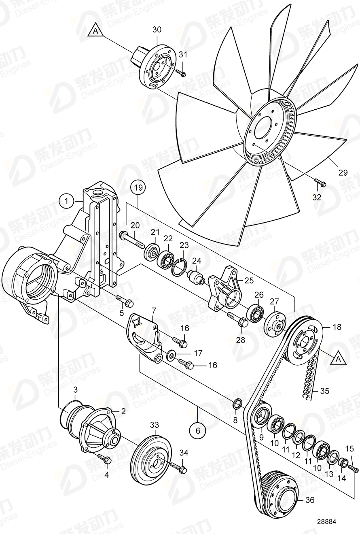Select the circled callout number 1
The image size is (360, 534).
pyautogui.click(x=66, y=200)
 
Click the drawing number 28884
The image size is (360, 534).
pyautogui.click(x=326, y=522)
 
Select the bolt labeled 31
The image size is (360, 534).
pyautogui.click(x=180, y=73)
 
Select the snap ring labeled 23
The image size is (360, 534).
pyautogui.click(x=180, y=268)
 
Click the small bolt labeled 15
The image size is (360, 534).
pyautogui.click(x=353, y=469)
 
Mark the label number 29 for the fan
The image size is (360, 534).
pyautogui.click(x=343, y=172)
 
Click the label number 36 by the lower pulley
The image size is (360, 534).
pyautogui.click(x=310, y=500)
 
